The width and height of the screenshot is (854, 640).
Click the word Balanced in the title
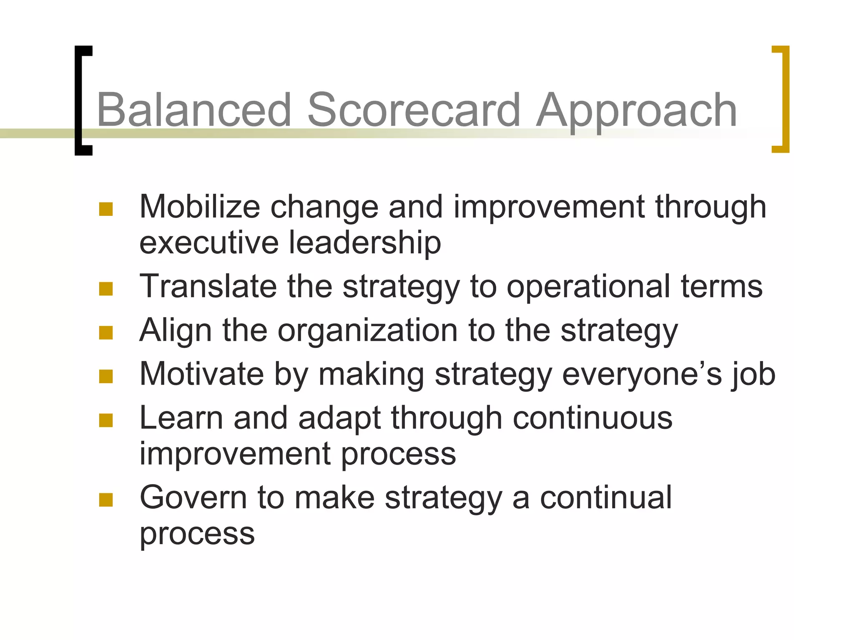(x=193, y=110)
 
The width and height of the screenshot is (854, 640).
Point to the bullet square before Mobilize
(x=106, y=209)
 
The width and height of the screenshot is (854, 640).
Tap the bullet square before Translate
(x=106, y=289)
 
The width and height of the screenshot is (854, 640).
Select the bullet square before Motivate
(x=106, y=377)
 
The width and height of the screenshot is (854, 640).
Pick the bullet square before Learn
(x=106, y=420)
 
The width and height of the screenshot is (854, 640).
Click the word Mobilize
(x=199, y=207)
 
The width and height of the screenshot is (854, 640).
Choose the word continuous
(x=592, y=418)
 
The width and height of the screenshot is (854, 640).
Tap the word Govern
(x=193, y=497)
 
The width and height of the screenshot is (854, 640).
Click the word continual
(x=605, y=497)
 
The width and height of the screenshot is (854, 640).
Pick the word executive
(x=208, y=243)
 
